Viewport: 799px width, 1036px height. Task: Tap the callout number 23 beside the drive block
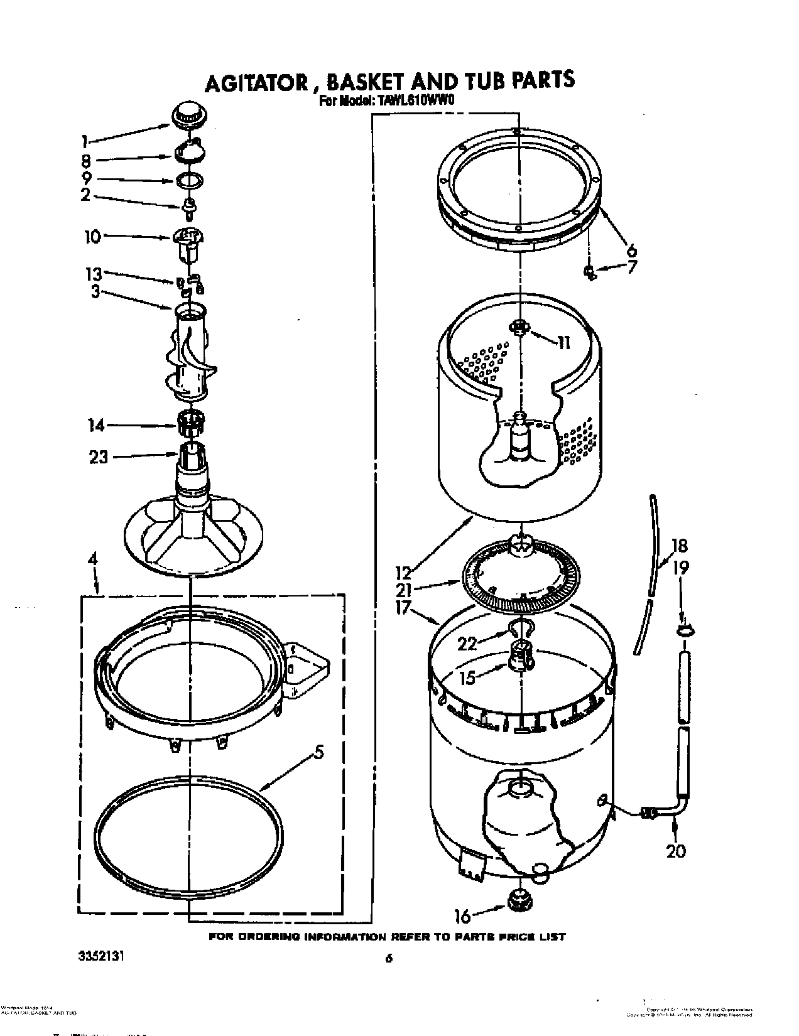(x=98, y=457)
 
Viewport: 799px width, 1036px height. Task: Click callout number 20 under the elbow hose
(x=676, y=851)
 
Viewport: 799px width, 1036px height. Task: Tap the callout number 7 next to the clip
(x=631, y=267)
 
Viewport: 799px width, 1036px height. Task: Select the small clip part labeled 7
(x=590, y=272)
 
